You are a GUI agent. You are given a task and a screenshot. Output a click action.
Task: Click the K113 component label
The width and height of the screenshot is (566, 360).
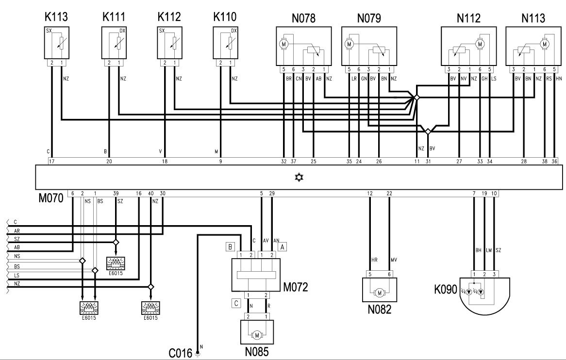(56, 17)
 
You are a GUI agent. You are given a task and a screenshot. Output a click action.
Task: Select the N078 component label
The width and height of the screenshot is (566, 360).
(303, 18)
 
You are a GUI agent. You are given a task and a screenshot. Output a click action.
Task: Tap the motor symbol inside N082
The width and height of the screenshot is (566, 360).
(380, 293)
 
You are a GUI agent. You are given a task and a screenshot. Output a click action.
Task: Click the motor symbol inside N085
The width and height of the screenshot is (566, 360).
(257, 335)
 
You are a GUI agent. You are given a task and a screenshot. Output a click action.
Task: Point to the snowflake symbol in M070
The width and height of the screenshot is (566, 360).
(299, 178)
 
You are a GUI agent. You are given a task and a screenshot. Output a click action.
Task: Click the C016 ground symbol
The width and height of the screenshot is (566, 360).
(198, 354)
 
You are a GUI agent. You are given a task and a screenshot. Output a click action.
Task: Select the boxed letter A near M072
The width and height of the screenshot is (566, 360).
(283, 247)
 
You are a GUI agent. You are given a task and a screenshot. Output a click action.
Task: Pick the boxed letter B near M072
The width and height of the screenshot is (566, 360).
(230, 247)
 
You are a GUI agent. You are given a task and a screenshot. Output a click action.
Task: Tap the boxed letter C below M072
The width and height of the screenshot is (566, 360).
(236, 303)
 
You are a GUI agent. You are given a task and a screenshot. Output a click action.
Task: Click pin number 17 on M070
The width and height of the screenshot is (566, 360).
(51, 162)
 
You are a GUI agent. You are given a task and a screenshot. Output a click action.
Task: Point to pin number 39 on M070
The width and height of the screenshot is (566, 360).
(116, 194)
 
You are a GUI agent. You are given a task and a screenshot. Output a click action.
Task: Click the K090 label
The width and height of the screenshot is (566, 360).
(446, 289)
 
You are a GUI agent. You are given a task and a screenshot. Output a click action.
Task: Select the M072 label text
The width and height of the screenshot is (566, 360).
(296, 287)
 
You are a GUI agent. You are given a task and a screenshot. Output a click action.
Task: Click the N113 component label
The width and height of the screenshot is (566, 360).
(533, 18)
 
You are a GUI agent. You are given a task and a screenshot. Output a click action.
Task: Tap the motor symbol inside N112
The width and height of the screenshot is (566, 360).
(480, 44)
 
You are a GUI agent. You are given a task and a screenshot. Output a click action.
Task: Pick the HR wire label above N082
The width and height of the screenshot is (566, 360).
(374, 260)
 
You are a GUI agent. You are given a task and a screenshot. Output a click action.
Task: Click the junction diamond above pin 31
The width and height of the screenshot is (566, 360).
(428, 131)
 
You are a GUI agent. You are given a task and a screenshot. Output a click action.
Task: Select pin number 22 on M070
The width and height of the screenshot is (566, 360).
(389, 194)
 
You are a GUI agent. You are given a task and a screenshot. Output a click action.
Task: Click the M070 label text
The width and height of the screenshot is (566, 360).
(51, 198)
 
